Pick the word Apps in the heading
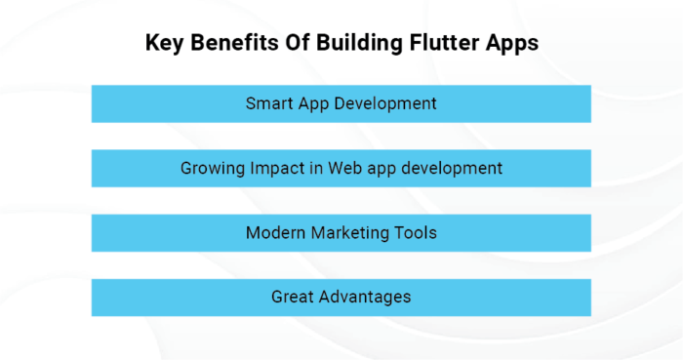point(510,43)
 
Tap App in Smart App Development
point(313,103)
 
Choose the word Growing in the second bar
point(210,168)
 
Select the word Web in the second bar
point(340,168)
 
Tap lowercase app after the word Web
point(378,168)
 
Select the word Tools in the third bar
point(414,232)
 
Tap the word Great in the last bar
point(292,297)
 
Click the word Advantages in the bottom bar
point(364,297)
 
